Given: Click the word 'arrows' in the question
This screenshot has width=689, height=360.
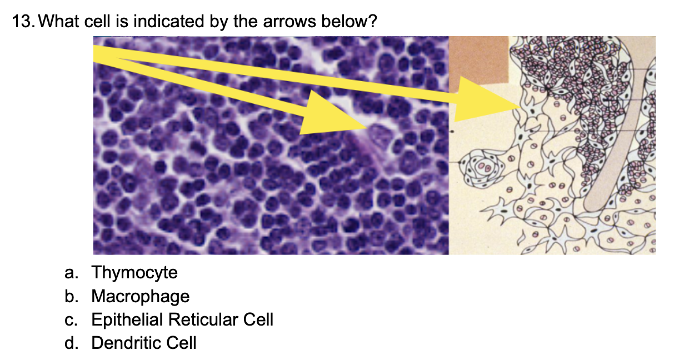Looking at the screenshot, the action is tap(289, 22).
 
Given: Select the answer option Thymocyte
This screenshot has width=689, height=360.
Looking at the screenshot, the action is tap(134, 273).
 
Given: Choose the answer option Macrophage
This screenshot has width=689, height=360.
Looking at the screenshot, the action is tap(140, 296).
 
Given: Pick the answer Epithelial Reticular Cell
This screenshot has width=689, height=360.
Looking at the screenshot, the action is tap(182, 319).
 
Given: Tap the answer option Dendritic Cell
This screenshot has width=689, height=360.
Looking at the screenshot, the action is tap(144, 343).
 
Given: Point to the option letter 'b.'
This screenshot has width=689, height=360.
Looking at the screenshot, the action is tap(71, 296).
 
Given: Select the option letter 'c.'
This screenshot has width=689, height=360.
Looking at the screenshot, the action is tap(71, 320).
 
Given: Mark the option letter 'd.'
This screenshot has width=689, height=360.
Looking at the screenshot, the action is tap(71, 343).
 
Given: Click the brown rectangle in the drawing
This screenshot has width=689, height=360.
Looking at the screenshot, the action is tap(478, 61).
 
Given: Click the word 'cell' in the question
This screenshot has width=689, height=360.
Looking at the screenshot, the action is tap(97, 21).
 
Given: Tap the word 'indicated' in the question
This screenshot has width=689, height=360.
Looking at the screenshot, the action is tap(169, 21).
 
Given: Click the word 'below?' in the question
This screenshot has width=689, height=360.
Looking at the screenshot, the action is tap(349, 21).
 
